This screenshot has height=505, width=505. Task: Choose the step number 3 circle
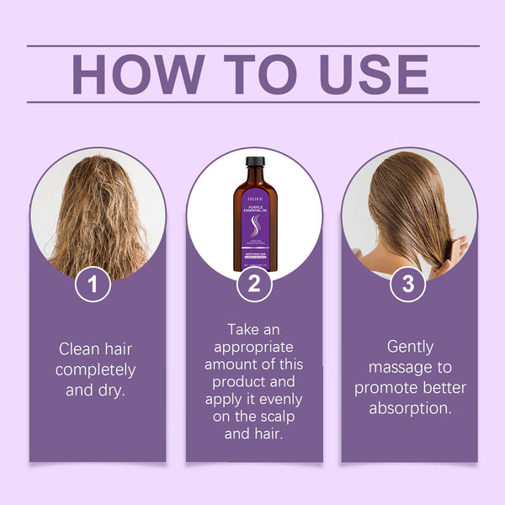(x=408, y=284)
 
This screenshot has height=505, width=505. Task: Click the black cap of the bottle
(x=255, y=162)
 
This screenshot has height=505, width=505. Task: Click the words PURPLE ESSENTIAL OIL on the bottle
(x=255, y=202)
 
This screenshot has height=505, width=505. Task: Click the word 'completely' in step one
(x=97, y=369)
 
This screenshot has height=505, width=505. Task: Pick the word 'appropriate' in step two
(x=254, y=347)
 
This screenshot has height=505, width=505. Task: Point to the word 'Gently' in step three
(x=409, y=346)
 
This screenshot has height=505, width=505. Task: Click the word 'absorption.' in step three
(x=409, y=408)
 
